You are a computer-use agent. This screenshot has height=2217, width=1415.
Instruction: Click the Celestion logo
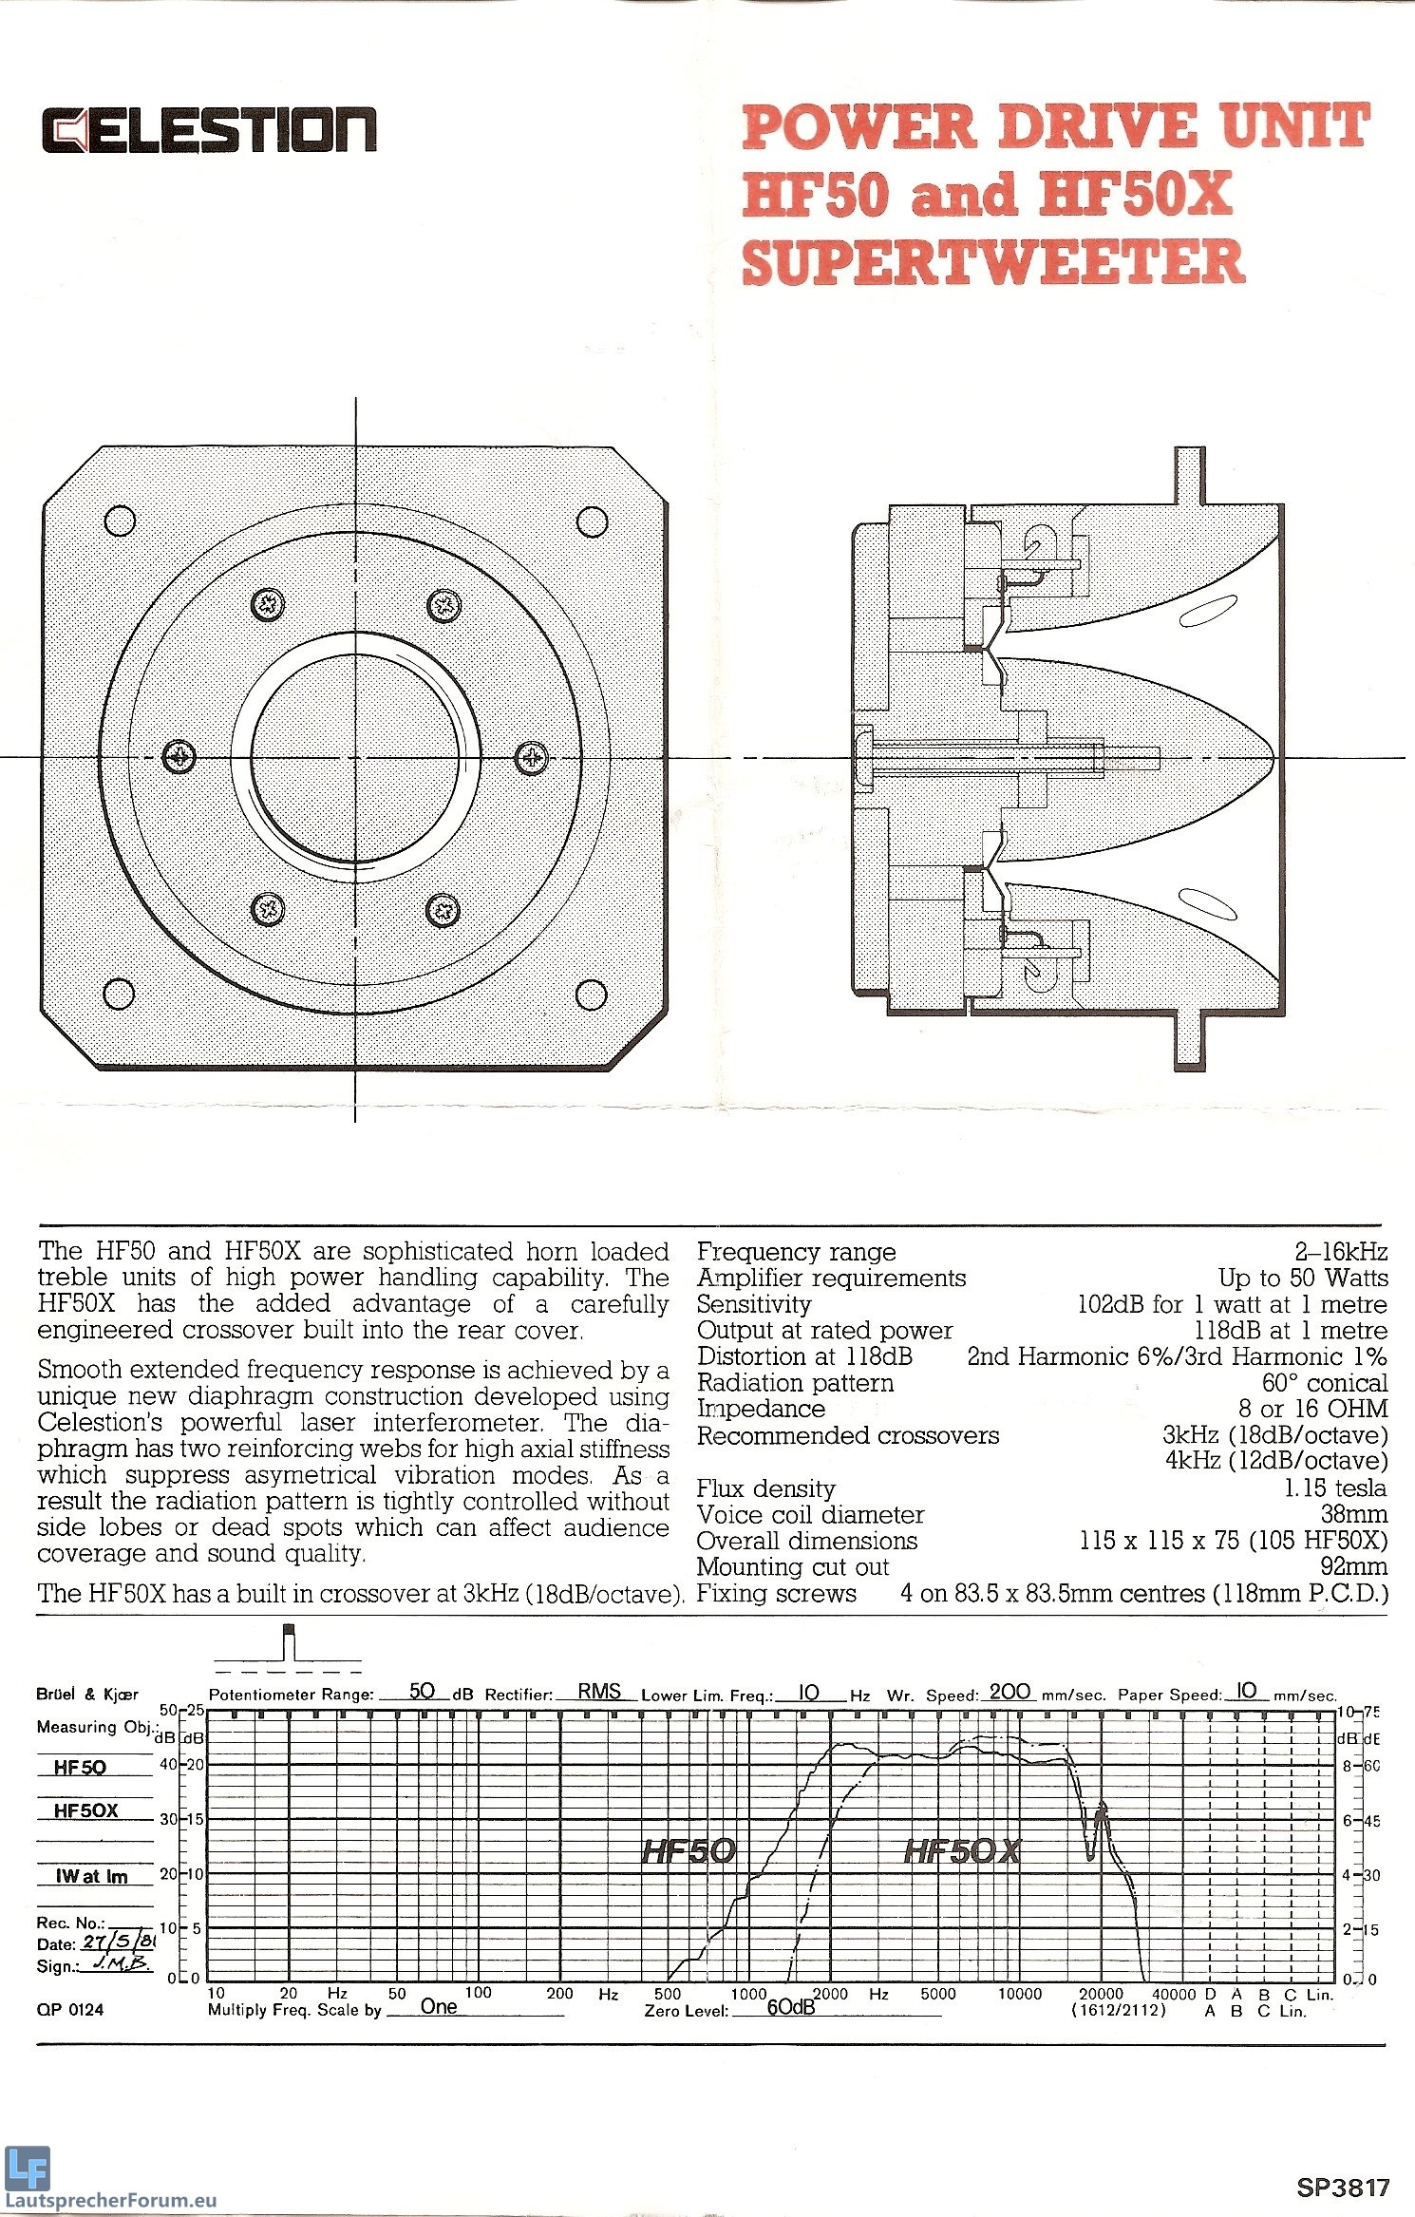point(209,129)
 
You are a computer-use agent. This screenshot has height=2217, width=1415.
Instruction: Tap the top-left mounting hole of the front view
point(120,521)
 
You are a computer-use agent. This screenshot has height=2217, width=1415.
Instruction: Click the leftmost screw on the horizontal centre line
point(179,757)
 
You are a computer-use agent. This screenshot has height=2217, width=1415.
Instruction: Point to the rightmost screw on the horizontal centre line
point(532,757)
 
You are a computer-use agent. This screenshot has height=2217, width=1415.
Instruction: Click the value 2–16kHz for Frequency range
point(1340,1252)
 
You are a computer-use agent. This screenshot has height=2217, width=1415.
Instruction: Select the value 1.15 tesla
point(1335,1488)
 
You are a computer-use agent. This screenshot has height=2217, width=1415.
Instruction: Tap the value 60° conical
point(1324,1383)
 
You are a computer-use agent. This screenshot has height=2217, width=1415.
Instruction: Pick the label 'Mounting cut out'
point(793,1567)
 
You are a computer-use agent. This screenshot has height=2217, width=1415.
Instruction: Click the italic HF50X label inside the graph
point(962,1850)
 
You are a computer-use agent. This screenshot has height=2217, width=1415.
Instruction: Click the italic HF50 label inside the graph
point(689,1850)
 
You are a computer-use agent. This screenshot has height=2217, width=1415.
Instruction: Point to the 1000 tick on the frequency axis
point(748,1994)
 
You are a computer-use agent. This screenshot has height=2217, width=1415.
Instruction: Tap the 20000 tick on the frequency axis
point(1102,1994)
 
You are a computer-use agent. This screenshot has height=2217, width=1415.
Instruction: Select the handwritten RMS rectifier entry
point(599,1691)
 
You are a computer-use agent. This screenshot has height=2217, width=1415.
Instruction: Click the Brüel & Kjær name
point(87,1694)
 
